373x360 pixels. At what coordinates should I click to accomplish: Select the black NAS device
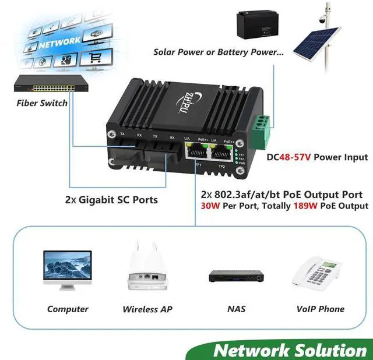(234, 276)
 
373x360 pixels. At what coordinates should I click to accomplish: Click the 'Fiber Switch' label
(41, 103)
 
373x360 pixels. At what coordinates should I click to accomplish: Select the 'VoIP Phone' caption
(320, 309)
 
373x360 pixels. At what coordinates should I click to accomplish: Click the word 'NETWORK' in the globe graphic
(60, 42)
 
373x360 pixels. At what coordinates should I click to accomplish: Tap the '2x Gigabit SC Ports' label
(111, 200)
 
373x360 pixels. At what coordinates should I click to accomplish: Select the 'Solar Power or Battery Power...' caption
(219, 52)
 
